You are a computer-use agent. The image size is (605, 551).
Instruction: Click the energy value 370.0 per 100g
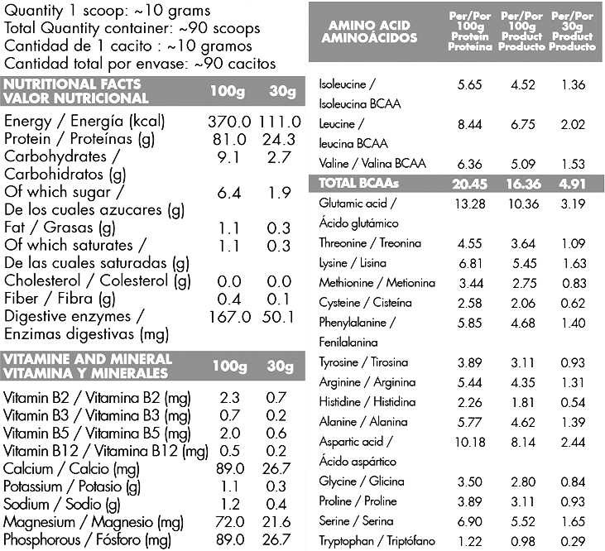click(228, 121)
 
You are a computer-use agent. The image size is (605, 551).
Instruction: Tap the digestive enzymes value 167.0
click(228, 317)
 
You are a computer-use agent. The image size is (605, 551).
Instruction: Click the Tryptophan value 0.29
click(574, 541)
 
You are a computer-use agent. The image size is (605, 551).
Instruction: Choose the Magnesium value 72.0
click(228, 523)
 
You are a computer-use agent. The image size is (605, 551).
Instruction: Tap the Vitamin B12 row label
click(105, 451)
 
